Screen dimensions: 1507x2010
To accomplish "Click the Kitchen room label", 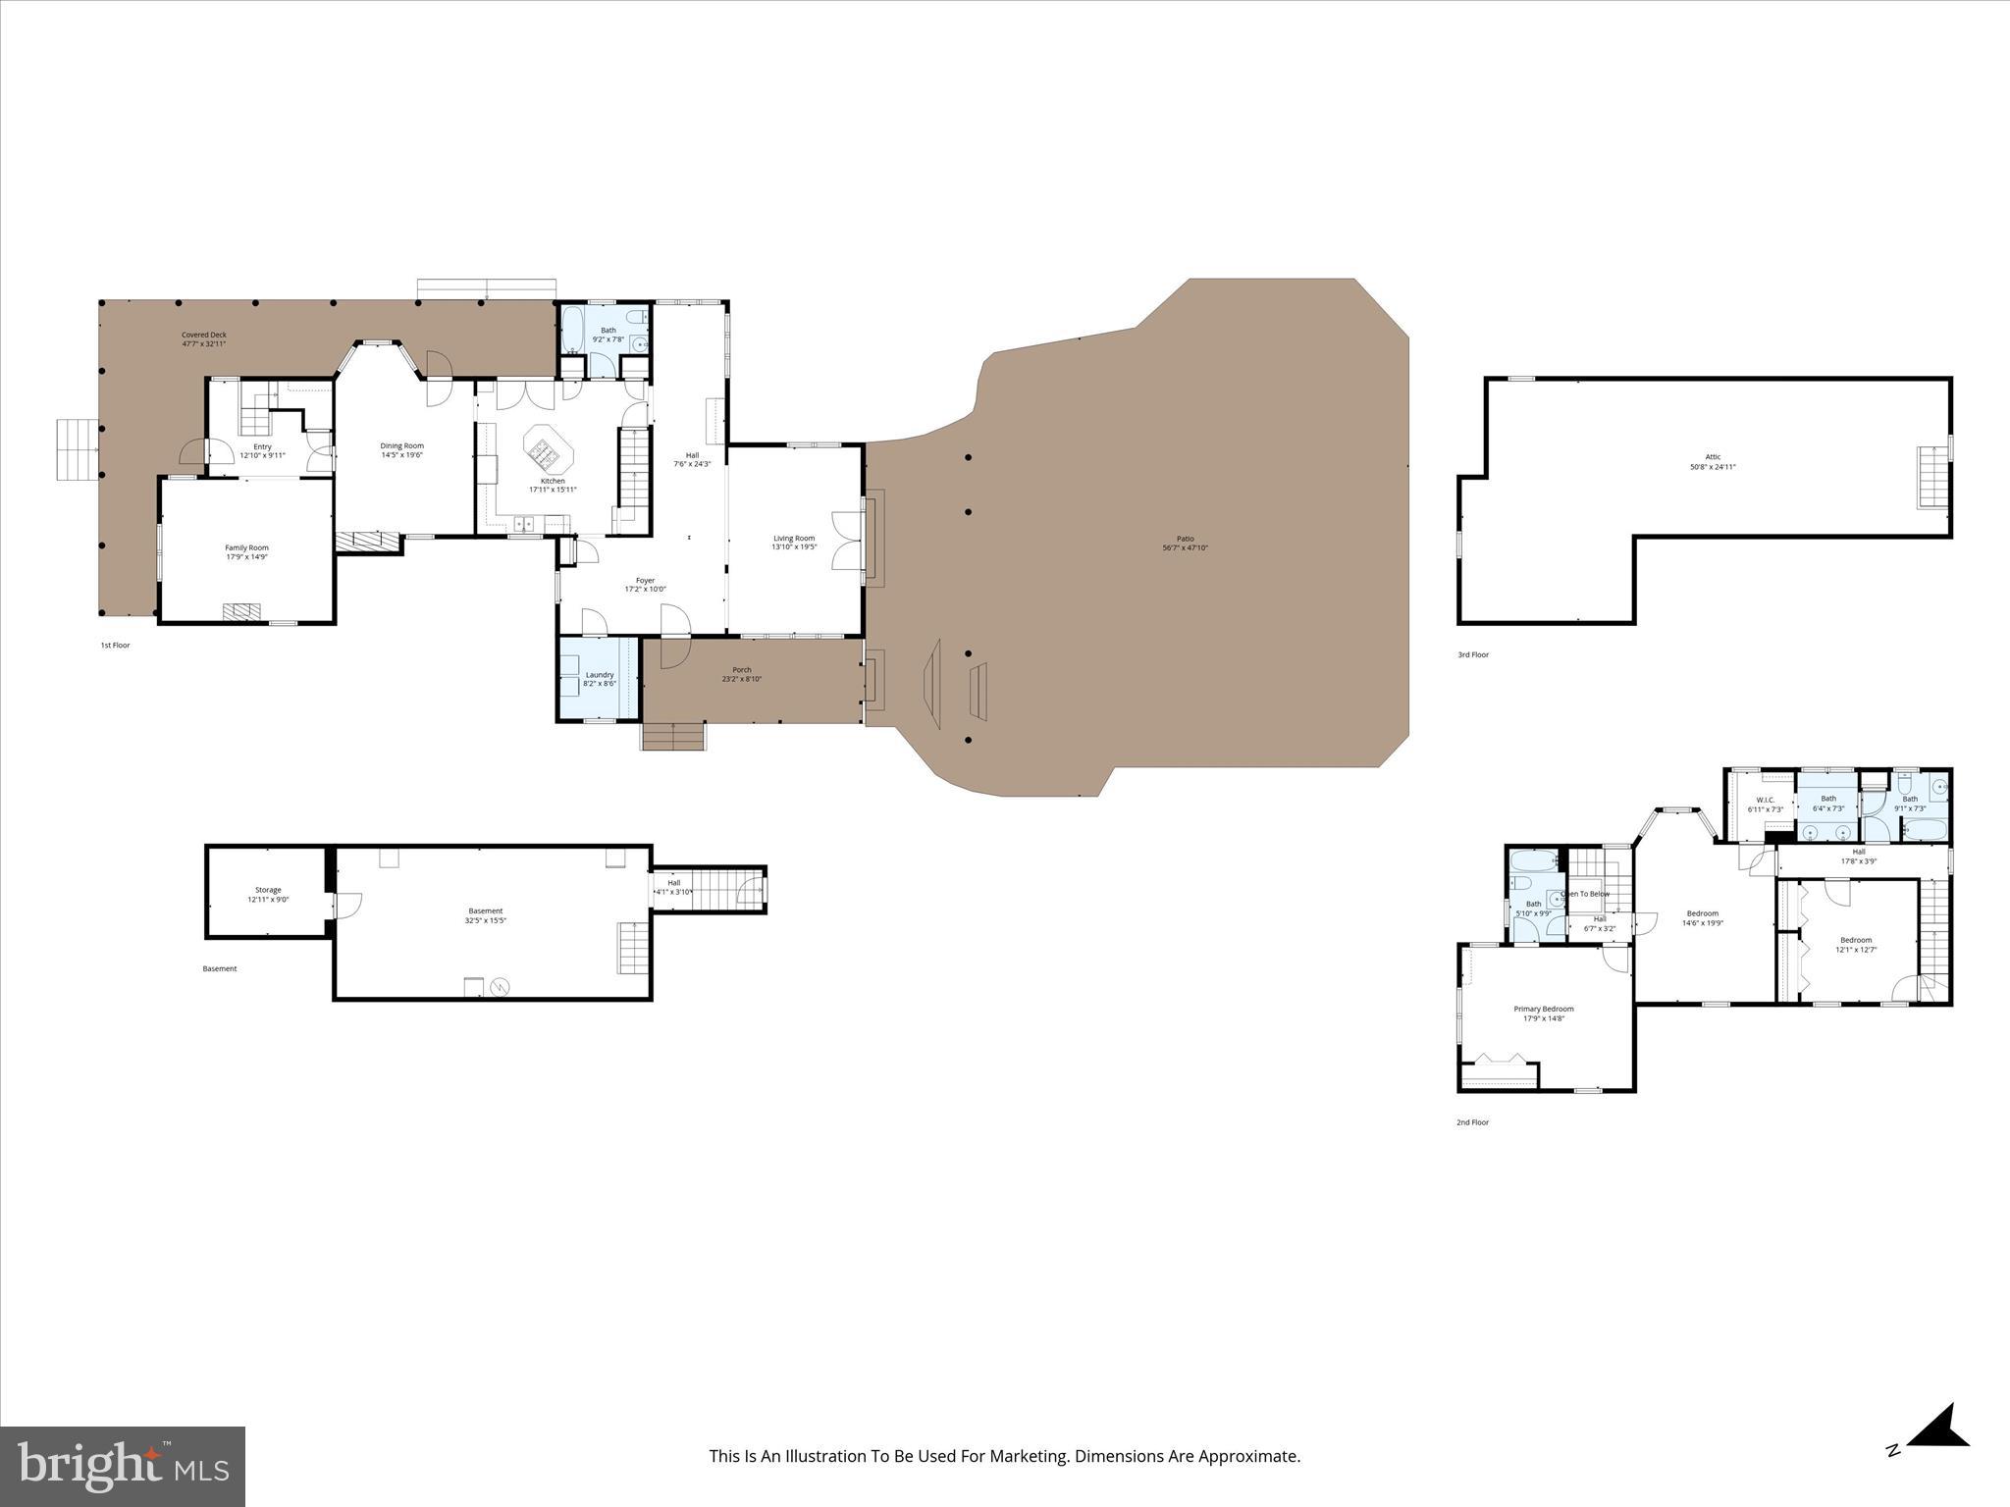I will [553, 481].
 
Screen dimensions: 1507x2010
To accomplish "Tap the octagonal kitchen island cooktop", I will [543, 450].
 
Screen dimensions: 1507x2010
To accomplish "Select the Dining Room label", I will [401, 445].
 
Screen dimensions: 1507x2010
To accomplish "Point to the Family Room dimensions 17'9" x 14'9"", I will [246, 557].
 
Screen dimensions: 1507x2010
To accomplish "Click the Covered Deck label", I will [203, 335].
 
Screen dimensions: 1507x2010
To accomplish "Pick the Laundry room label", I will [600, 674].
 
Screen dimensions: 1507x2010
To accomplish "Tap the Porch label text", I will [741, 670].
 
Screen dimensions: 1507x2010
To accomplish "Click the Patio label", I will [1185, 539].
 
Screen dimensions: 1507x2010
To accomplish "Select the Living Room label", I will [794, 538].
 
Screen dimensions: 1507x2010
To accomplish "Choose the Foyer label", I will [645, 580].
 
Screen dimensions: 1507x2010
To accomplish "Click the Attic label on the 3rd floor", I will [1713, 456].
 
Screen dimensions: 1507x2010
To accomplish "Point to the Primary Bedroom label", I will [1543, 1009].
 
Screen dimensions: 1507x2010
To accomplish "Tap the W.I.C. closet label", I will [1764, 800].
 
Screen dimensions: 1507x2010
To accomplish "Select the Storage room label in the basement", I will [268, 890].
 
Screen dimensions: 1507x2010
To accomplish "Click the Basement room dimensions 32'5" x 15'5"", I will [486, 920].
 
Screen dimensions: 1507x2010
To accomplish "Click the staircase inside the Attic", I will [1931, 477].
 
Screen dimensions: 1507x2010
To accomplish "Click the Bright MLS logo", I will [123, 1467].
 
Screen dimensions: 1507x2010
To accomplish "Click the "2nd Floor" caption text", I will [1472, 1122].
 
